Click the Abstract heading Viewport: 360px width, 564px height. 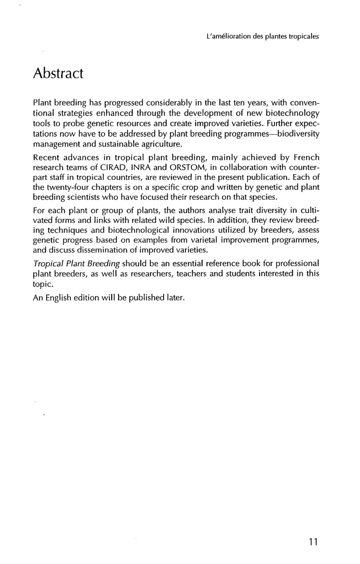[x=58, y=72]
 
